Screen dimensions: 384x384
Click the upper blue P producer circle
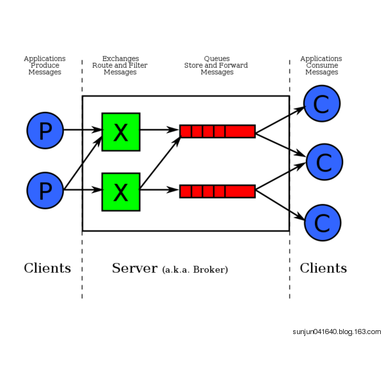click(45, 131)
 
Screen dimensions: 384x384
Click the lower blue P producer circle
click(45, 190)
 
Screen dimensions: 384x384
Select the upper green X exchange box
click(121, 132)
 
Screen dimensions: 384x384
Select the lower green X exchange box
click(121, 191)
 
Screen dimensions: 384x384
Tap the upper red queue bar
click(218, 131)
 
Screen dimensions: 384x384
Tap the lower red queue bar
click(218, 191)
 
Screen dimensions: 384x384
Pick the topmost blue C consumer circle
click(321, 104)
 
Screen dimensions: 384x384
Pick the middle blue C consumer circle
click(324, 162)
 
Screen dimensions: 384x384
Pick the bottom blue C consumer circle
click(322, 222)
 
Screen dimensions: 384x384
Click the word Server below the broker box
click(134, 268)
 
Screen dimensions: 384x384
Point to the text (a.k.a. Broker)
click(195, 270)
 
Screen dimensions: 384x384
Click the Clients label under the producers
click(47, 268)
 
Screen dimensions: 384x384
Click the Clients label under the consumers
click(323, 268)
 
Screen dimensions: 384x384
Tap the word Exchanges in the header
click(120, 59)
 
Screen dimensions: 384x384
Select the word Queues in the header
click(216, 59)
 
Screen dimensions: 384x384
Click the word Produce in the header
click(45, 65)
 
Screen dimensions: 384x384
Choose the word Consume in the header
click(322, 65)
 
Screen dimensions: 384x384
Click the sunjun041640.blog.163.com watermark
click(337, 332)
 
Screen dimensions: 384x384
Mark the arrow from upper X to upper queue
click(159, 130)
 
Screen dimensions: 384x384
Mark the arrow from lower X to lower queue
click(159, 190)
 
